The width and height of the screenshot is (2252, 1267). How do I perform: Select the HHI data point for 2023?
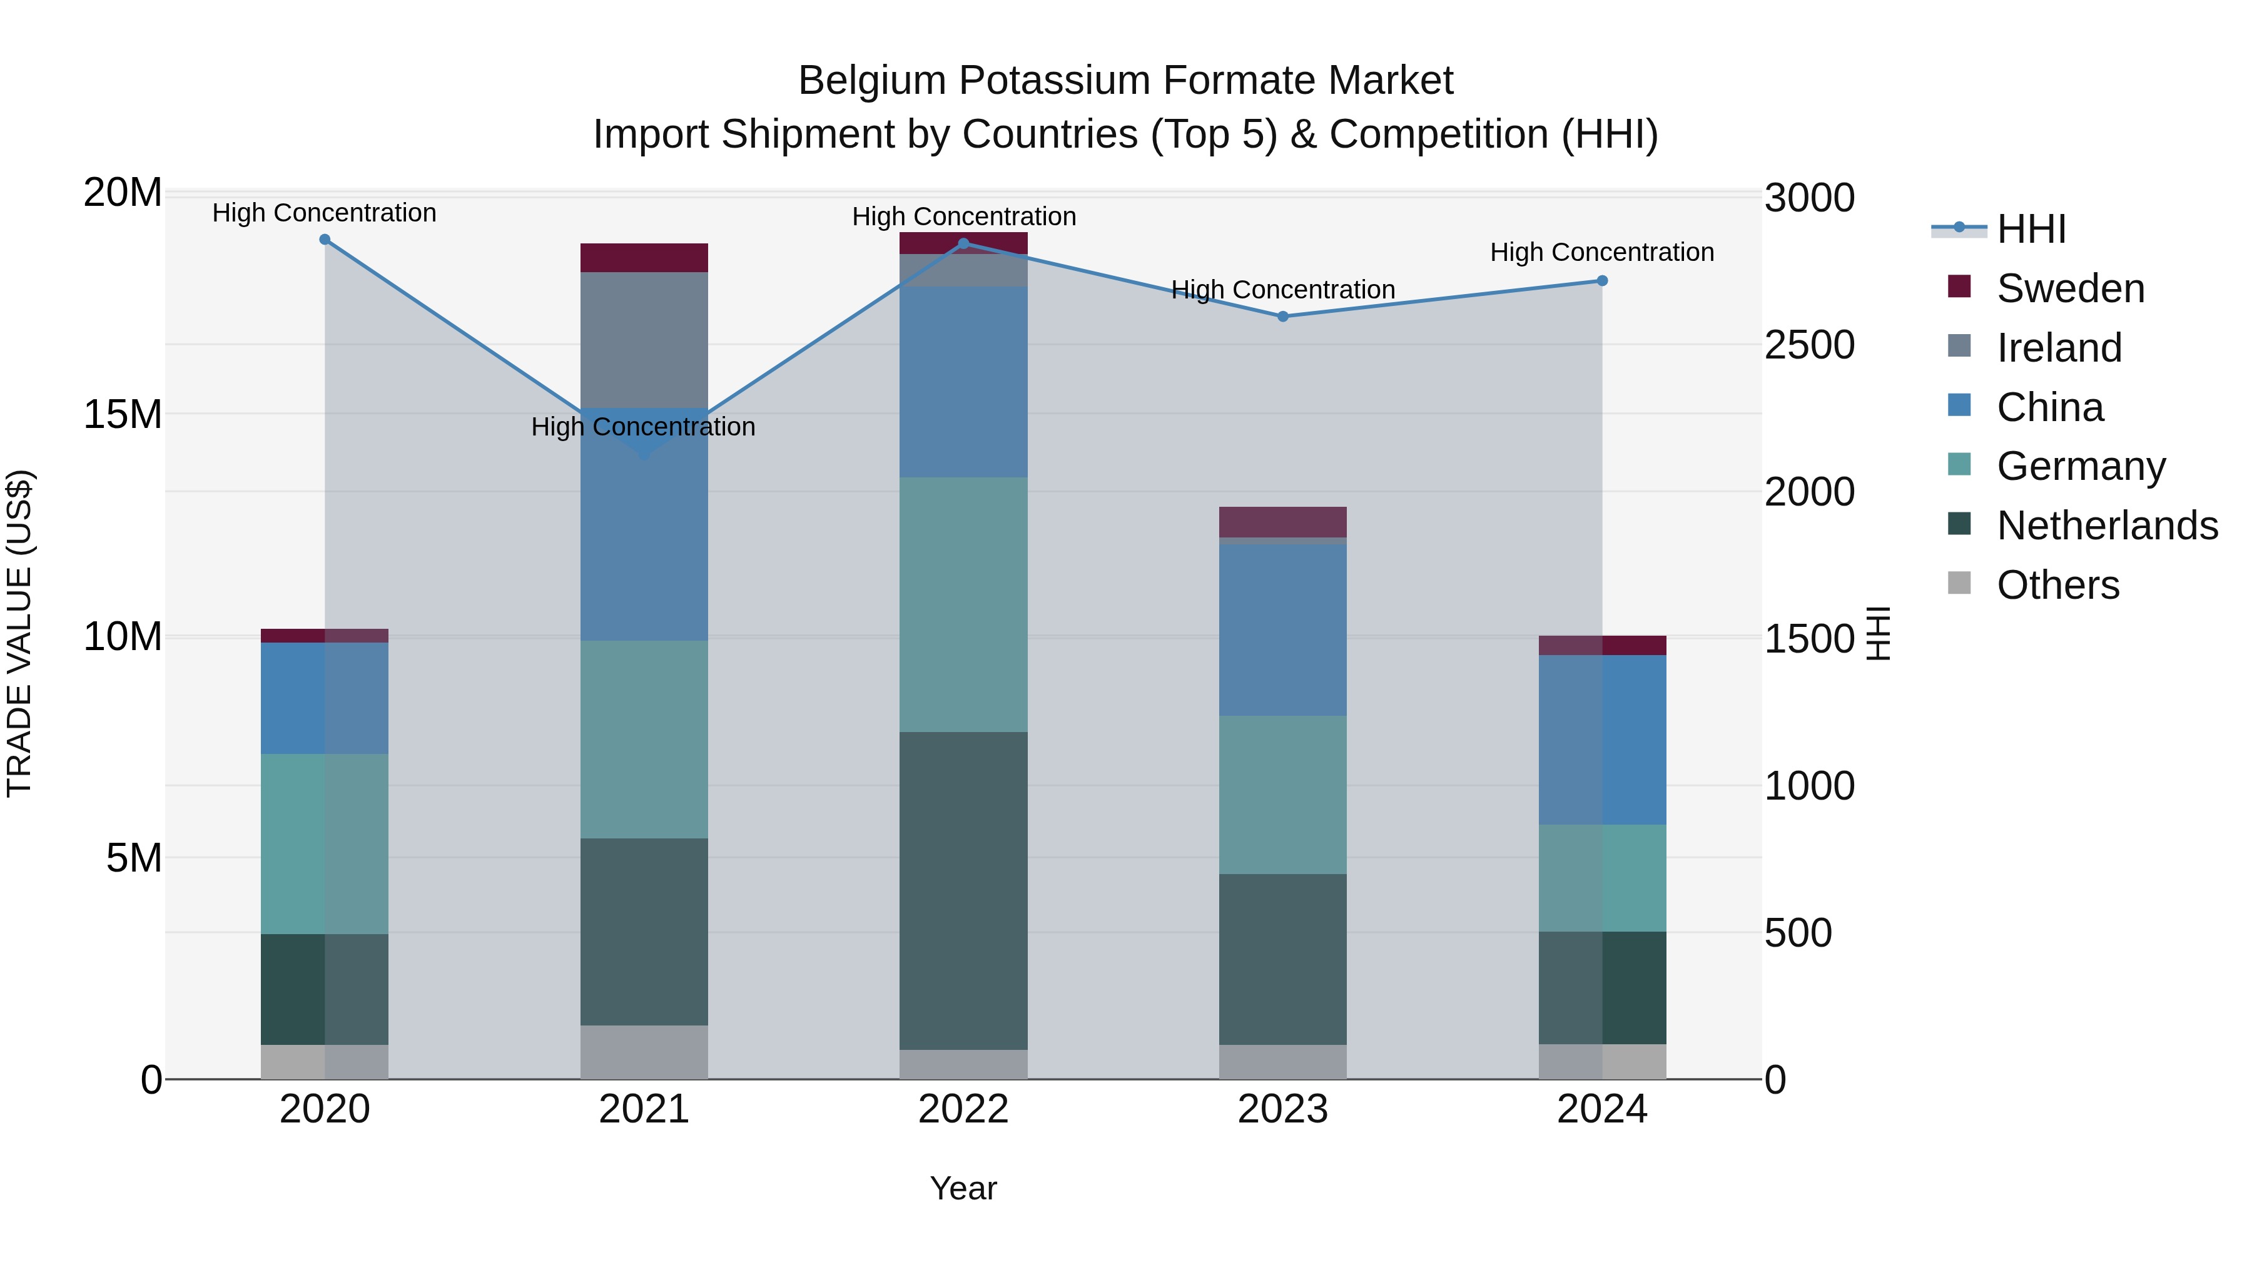coord(1282,317)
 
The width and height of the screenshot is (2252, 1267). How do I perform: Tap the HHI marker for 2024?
coord(1601,281)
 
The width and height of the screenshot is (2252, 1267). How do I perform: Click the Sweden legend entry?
coord(2070,288)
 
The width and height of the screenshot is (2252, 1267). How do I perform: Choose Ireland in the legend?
coord(2059,348)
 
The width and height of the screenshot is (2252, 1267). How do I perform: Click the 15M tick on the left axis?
coord(123,414)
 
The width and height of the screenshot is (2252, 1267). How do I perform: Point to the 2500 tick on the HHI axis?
coord(1808,345)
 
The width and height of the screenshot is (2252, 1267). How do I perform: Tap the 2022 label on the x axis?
coord(963,1109)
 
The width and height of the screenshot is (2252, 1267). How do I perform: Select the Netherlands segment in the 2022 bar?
coord(963,890)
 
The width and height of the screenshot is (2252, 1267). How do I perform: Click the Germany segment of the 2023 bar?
coord(1282,795)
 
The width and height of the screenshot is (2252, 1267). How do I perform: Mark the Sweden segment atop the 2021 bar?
coord(644,258)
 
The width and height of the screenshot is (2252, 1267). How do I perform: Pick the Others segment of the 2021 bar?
coord(644,1052)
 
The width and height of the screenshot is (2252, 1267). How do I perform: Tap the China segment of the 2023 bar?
coord(1282,629)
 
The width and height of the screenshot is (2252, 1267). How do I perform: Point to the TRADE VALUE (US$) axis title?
coord(20,633)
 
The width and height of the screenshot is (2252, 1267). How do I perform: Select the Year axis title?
coord(963,1188)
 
